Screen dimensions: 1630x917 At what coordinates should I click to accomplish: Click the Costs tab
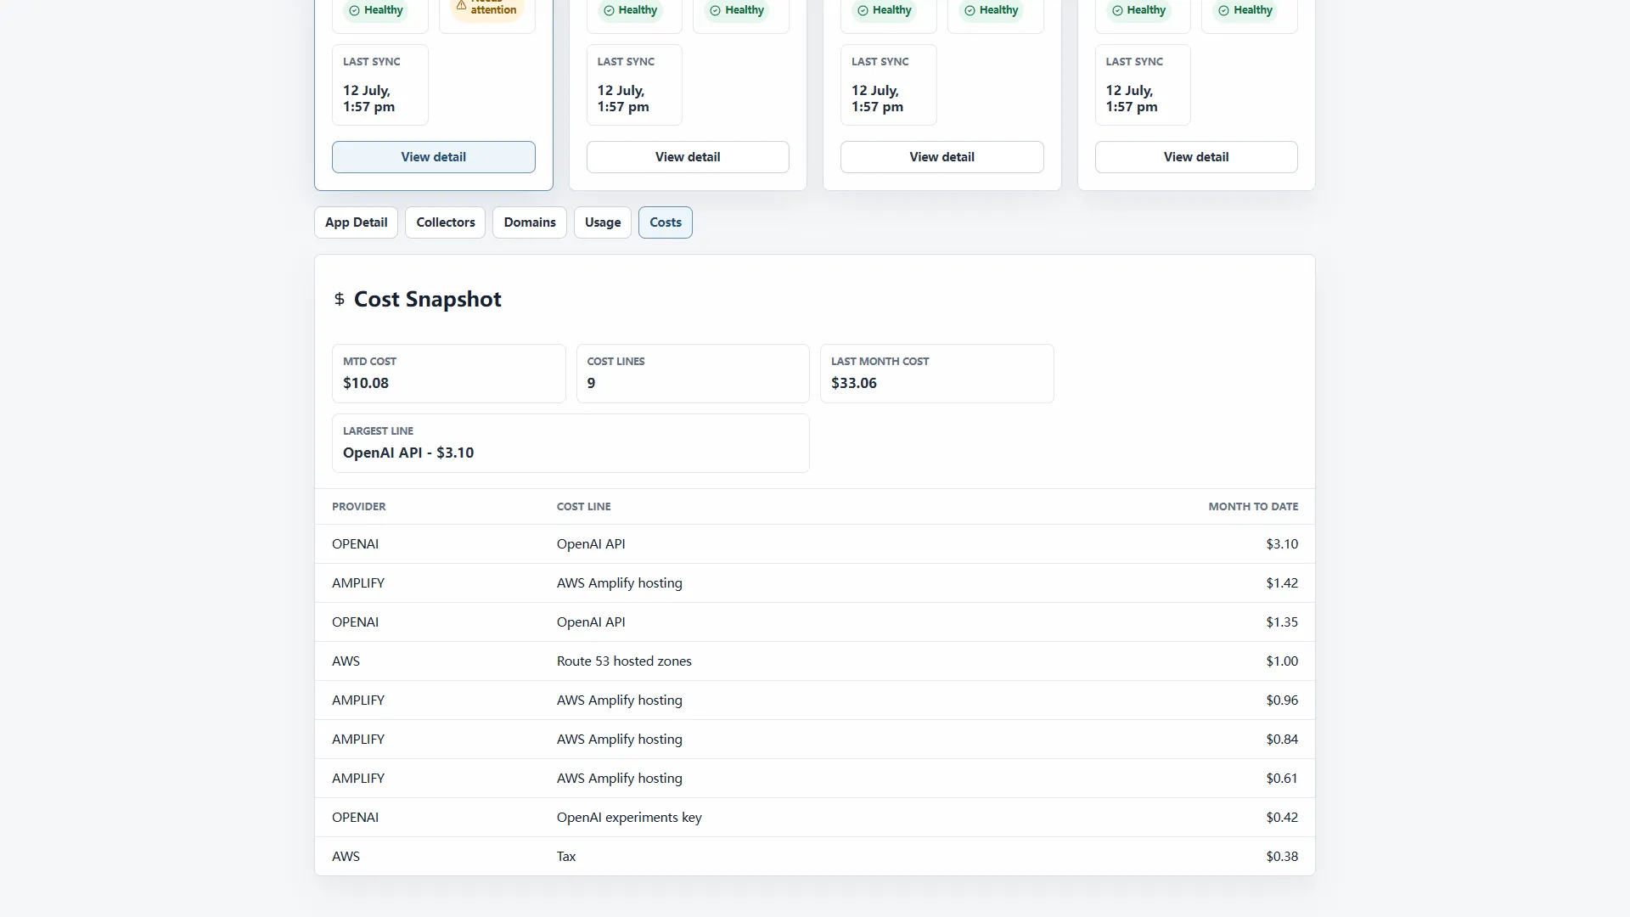pos(666,222)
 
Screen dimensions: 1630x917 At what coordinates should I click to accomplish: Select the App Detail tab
pos(356,222)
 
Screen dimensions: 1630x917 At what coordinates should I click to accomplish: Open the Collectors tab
pos(446,222)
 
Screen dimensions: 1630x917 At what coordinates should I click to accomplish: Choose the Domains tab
pos(530,222)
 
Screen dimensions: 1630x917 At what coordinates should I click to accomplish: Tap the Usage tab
pos(603,222)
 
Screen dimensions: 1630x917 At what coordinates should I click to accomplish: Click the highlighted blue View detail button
pos(434,157)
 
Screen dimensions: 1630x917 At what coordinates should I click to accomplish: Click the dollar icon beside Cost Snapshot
pos(340,299)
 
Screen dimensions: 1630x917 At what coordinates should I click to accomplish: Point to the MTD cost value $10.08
pos(366,383)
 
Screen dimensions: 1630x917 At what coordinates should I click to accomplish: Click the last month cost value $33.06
pos(854,383)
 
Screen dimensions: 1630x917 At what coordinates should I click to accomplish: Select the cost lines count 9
pos(591,383)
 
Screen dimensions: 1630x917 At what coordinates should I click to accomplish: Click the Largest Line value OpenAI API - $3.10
pos(408,453)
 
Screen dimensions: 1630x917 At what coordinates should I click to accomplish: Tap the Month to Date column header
pos(1253,507)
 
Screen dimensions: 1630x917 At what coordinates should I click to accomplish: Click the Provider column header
pos(359,507)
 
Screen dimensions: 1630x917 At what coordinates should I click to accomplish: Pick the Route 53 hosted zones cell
pos(624,661)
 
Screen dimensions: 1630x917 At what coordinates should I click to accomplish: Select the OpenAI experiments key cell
pos(629,818)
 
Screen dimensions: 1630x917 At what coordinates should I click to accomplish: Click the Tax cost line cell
pos(566,857)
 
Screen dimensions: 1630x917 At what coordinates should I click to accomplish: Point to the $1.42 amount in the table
pos(1282,583)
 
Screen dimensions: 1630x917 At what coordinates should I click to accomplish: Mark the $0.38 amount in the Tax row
pos(1282,857)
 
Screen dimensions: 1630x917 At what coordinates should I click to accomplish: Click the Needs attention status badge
pos(487,8)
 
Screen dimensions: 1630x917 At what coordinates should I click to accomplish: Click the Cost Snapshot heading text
pos(428,299)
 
